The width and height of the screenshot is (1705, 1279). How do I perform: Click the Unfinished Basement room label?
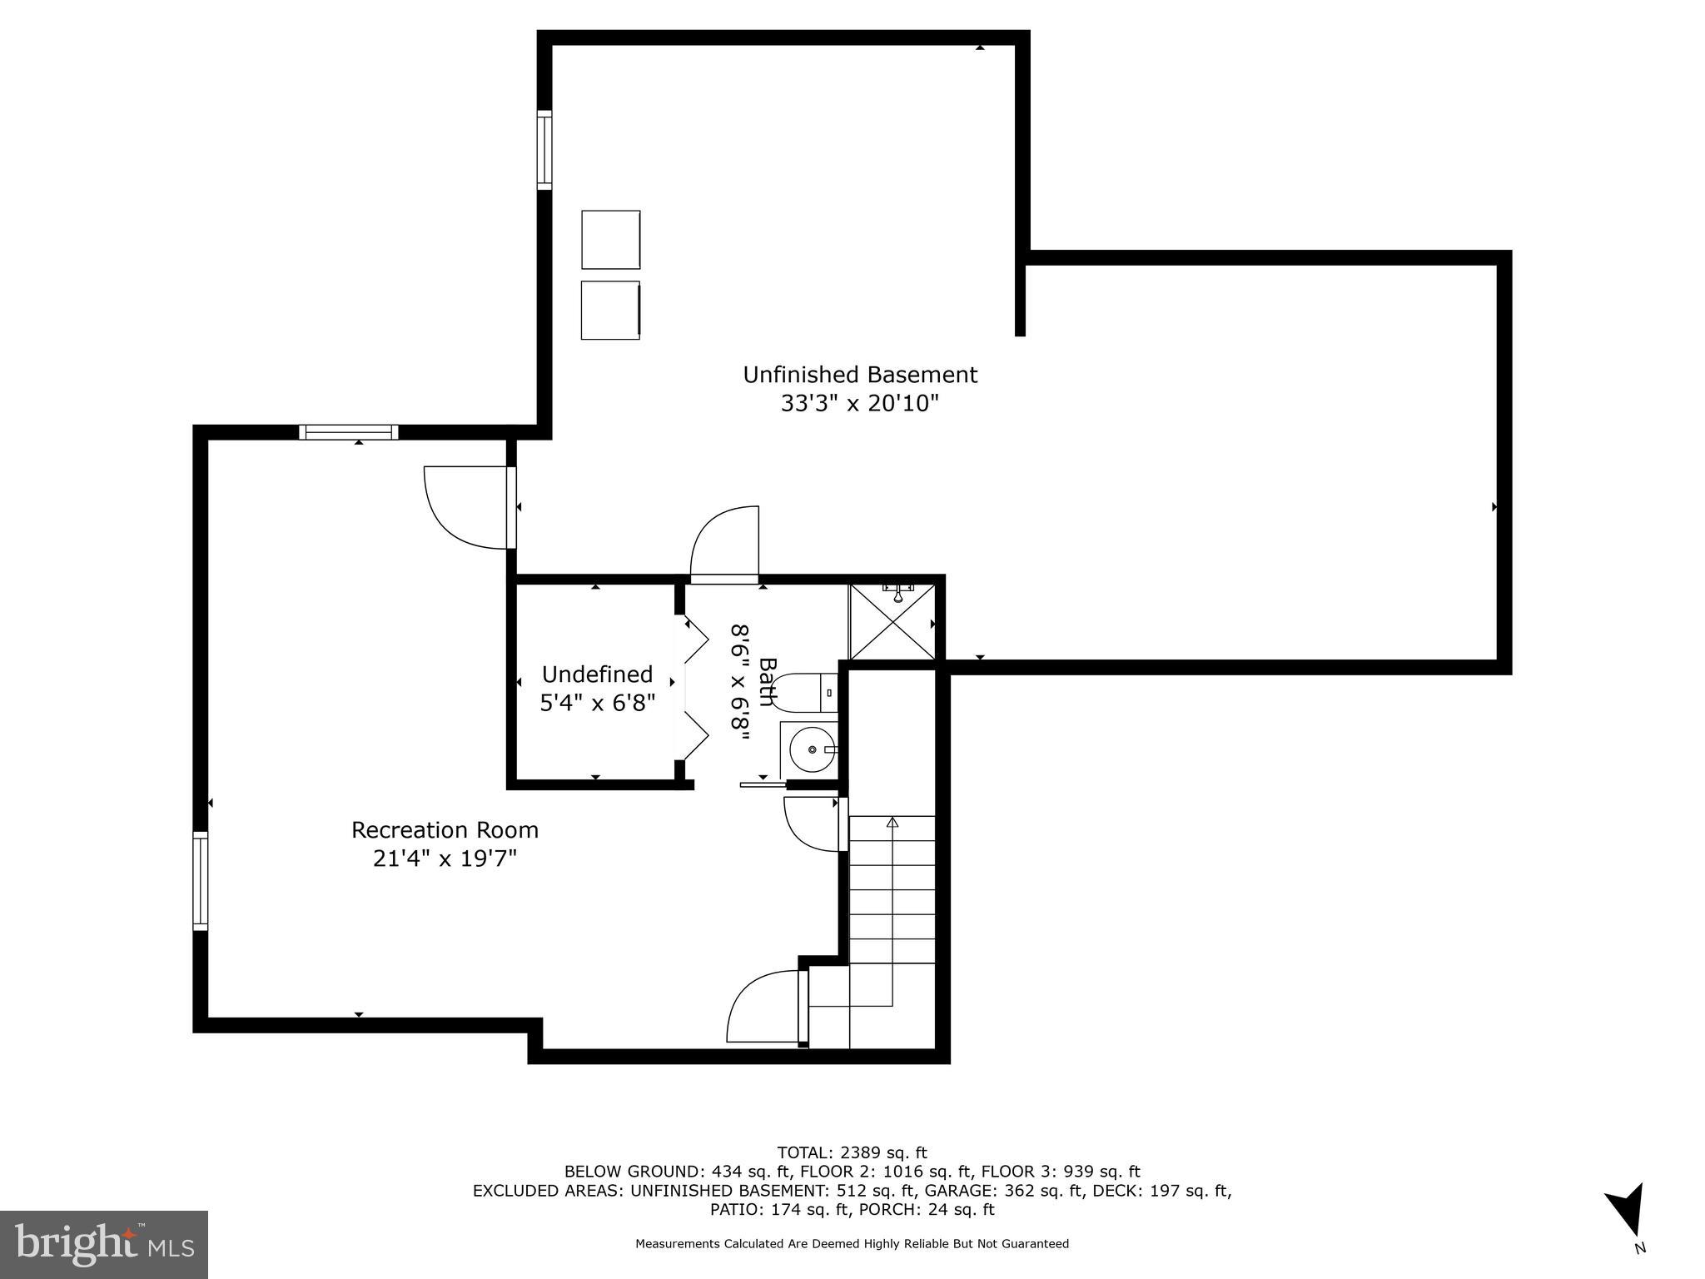859,375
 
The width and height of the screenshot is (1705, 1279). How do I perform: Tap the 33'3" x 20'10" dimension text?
859,404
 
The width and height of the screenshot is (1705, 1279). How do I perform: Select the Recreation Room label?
445,830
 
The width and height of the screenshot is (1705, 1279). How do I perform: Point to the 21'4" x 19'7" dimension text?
445,858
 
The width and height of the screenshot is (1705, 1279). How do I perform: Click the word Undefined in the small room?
597,674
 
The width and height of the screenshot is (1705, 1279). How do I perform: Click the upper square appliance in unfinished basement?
610,240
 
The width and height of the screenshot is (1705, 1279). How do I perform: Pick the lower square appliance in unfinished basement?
610,310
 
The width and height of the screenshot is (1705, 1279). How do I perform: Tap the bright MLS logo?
103,1245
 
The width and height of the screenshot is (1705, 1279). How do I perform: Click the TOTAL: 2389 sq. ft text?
852,1152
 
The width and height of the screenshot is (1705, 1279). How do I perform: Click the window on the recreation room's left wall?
200,880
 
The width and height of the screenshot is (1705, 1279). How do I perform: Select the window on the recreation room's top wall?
349,432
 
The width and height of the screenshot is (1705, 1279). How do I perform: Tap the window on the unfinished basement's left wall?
544,150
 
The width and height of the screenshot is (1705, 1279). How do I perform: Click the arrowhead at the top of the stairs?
892,823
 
